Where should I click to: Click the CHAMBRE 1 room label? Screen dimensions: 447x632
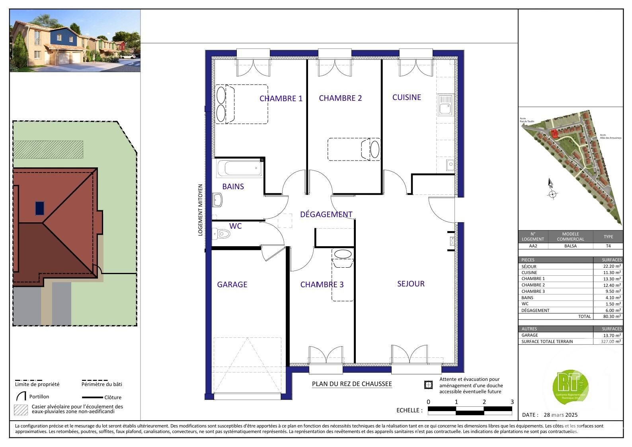[x=281, y=98]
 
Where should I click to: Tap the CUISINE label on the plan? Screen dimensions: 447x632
[x=406, y=97]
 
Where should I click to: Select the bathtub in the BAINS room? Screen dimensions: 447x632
[x=239, y=168]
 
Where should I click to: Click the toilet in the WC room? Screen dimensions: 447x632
[x=222, y=233]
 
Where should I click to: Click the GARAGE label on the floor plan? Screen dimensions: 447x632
[x=232, y=284]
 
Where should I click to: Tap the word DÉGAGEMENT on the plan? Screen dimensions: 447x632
[x=326, y=214]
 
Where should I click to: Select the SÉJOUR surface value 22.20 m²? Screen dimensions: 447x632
[x=612, y=267]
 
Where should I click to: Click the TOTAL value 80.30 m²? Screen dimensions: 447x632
[x=612, y=316]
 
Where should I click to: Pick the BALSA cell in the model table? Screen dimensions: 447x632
[x=570, y=246]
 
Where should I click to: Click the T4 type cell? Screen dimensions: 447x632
[x=608, y=246]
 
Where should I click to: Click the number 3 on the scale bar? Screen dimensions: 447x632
[x=512, y=402]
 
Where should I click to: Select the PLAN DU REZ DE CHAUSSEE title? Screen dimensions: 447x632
[x=352, y=384]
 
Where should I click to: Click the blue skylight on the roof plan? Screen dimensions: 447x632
[x=40, y=208]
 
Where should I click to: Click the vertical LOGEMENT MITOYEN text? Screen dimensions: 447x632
[x=201, y=210]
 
